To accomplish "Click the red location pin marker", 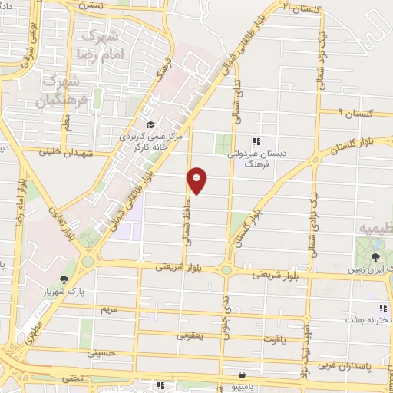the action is pyautogui.click(x=197, y=180).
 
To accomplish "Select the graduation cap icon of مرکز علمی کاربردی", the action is pyautogui.click(x=150, y=125).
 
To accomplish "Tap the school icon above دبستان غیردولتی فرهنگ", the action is pyautogui.click(x=256, y=141).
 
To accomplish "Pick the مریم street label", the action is pyautogui.click(x=109, y=309).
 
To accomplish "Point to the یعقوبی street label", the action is pyautogui.click(x=189, y=335).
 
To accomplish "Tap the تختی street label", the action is pyautogui.click(x=71, y=378).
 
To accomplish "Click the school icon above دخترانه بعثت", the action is pyautogui.click(x=383, y=308).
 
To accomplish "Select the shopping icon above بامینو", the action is pyautogui.click(x=243, y=375).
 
